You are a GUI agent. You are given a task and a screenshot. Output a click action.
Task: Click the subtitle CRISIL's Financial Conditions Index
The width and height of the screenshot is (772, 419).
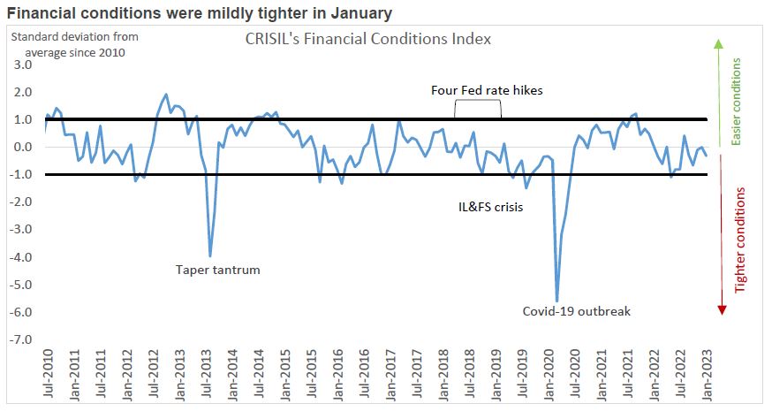pos(367,40)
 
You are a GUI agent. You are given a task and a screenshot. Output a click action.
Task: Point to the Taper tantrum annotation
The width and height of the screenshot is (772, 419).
pos(217,270)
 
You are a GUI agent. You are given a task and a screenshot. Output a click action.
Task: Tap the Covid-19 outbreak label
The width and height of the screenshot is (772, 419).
pos(576,311)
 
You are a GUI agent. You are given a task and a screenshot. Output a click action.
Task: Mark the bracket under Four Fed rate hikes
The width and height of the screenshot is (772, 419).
pos(478,105)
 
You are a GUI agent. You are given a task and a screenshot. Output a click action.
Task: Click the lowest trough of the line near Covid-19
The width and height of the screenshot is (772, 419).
pos(556,301)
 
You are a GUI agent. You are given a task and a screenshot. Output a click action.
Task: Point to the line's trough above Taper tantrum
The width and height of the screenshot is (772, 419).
pos(209,255)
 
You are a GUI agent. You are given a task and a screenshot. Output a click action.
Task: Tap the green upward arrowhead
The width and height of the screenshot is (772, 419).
pos(718,43)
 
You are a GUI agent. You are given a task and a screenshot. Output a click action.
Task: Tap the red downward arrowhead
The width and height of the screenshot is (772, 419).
pos(722,308)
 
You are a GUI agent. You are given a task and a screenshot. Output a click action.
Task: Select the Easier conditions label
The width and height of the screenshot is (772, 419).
pos(738,102)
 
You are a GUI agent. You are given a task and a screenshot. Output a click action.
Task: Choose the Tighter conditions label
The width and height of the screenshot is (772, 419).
pos(740,240)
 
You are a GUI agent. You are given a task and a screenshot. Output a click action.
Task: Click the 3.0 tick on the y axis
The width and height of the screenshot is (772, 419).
pos(23,65)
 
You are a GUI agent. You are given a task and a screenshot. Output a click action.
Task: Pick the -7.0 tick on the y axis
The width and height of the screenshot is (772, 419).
pos(21,340)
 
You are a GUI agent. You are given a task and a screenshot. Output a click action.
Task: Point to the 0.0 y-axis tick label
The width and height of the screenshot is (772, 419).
pos(23,148)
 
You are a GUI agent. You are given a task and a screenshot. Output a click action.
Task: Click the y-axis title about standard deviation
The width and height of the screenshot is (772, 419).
pos(73,44)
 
